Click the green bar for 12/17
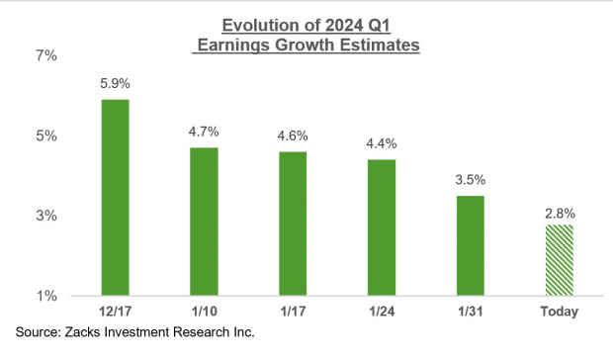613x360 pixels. tap(116, 197)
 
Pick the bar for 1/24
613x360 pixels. tap(382, 226)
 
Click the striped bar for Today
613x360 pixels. tap(560, 259)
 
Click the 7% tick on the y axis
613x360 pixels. tap(46, 55)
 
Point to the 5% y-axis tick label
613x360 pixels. tap(46, 135)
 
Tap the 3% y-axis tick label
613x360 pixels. tap(46, 216)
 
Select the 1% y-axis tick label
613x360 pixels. tap(46, 296)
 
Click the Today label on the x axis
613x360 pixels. tap(560, 313)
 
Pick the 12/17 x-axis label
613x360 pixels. tap(116, 313)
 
